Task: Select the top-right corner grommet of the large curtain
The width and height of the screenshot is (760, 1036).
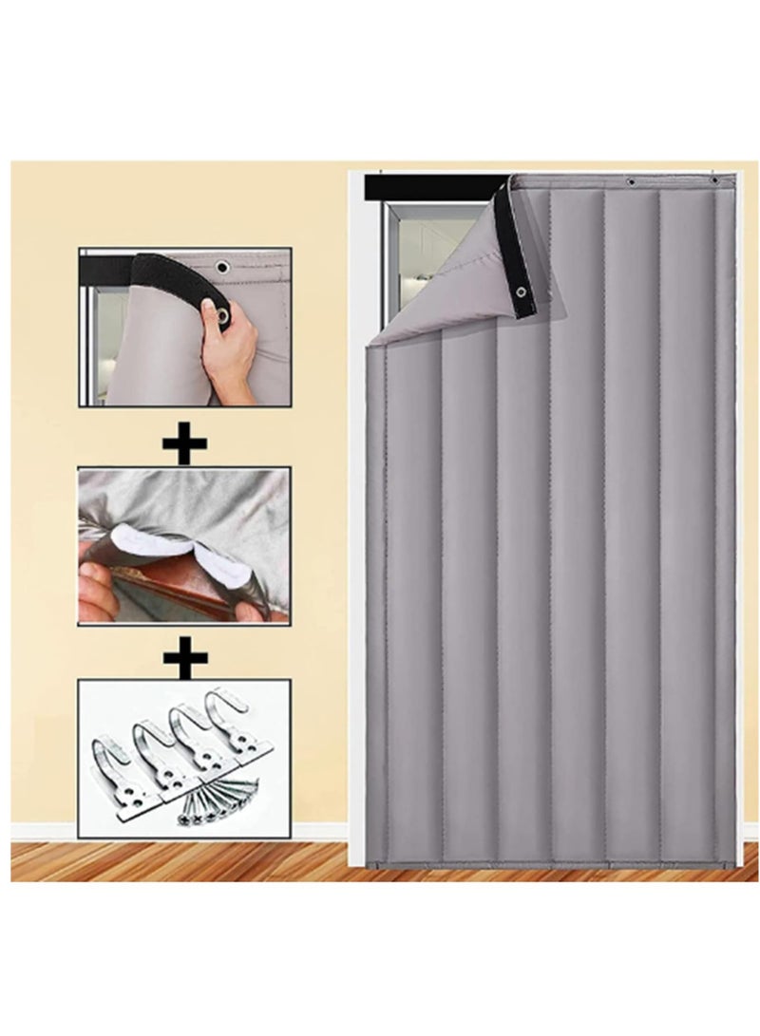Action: pos(713,179)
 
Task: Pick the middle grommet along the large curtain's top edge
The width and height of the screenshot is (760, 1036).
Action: pos(630,180)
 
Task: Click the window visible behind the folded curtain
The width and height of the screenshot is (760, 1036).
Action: pos(427,256)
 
